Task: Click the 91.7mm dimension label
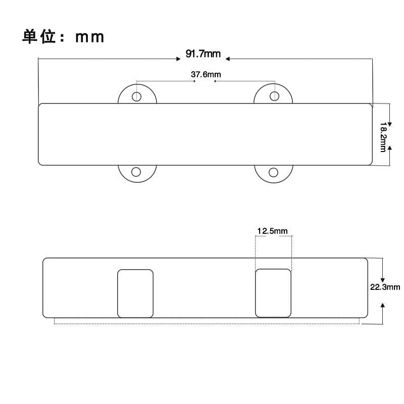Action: click(x=203, y=54)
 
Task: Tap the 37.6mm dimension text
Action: click(x=206, y=74)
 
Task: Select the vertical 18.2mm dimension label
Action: click(x=383, y=137)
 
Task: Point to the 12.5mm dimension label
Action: click(x=272, y=231)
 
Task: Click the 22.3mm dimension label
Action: click(x=385, y=287)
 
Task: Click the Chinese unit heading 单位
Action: click(x=39, y=36)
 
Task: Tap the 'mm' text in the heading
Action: click(x=90, y=37)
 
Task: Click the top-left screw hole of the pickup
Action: click(x=136, y=96)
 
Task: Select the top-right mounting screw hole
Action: click(x=274, y=96)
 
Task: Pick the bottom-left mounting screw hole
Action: click(x=136, y=172)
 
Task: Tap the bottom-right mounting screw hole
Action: click(x=273, y=172)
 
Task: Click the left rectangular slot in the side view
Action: click(x=135, y=293)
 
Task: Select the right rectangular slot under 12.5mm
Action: click(x=273, y=293)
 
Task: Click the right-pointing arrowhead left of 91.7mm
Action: click(x=178, y=59)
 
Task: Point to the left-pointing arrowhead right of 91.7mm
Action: click(x=228, y=59)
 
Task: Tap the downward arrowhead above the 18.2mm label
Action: click(x=389, y=124)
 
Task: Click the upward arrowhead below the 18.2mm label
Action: click(x=389, y=148)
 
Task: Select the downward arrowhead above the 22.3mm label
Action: click(x=383, y=280)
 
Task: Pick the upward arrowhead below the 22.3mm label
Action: click(x=383, y=306)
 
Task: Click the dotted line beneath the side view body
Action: click(x=207, y=324)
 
